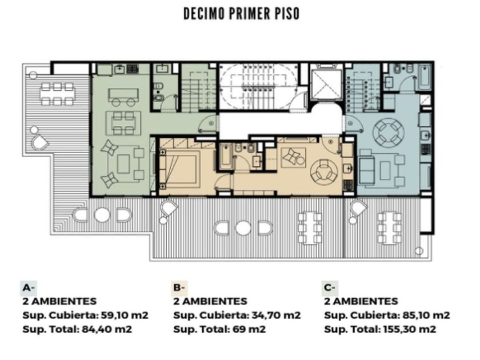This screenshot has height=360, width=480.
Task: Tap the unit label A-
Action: (29, 288)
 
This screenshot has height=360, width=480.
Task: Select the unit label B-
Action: (179, 288)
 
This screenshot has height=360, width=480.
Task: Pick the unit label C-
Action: (330, 288)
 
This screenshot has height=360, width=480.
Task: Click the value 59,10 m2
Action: (125, 315)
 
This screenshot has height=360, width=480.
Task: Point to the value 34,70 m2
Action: (276, 315)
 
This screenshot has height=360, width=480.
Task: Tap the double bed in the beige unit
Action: (180, 169)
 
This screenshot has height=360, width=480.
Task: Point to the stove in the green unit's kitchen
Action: (132, 69)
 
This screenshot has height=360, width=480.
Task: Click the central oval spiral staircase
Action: (258, 87)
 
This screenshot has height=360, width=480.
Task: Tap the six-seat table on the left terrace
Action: (57, 94)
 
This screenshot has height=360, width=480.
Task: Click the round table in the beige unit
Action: (324, 173)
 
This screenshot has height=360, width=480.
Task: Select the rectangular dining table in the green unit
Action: (123, 123)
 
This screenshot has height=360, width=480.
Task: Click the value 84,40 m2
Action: (107, 329)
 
